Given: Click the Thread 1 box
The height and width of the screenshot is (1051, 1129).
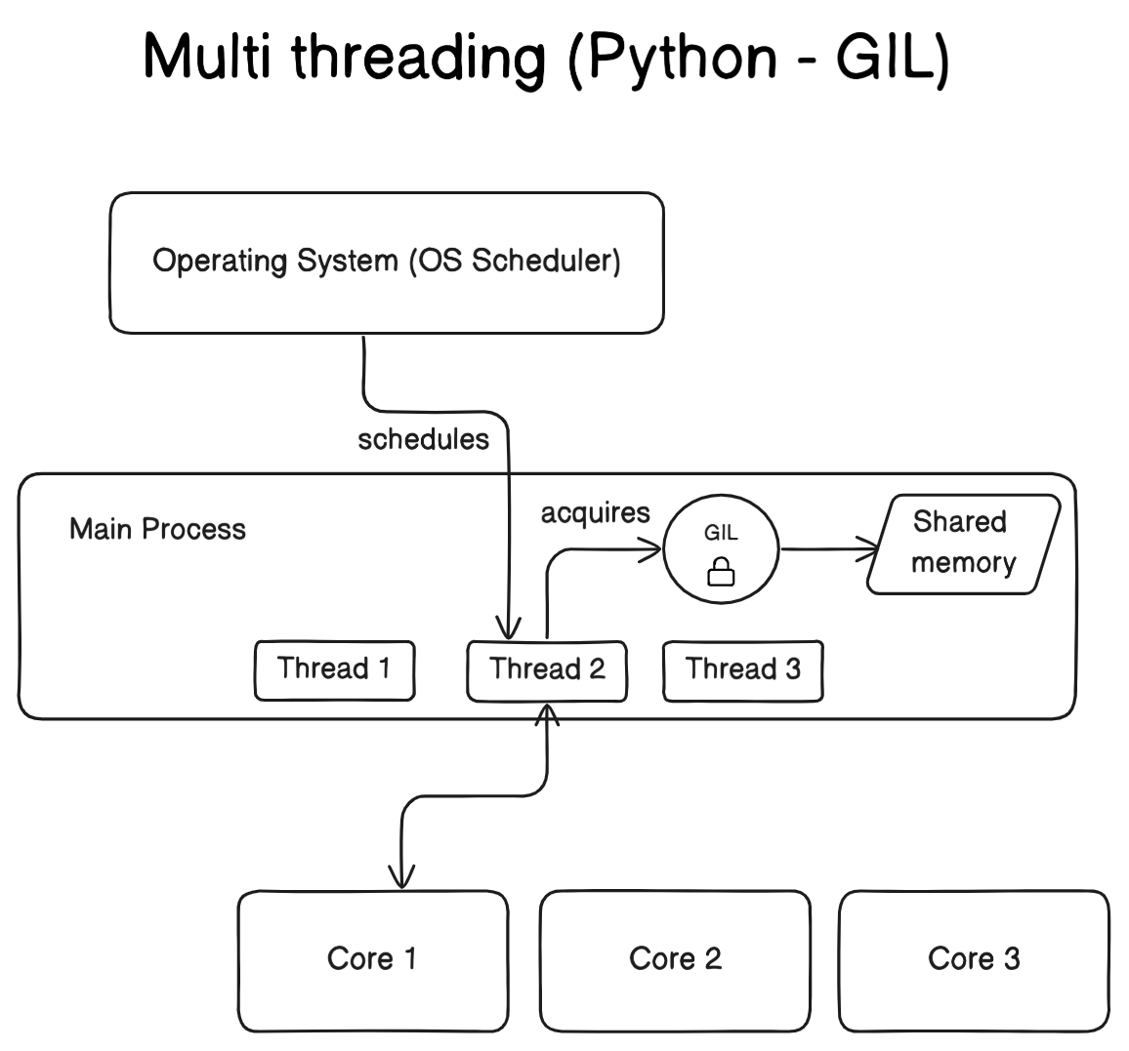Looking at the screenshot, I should (x=334, y=670).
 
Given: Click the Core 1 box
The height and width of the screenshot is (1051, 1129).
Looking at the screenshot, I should (x=372, y=960).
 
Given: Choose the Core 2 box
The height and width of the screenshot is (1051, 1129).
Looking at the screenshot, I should (x=675, y=960).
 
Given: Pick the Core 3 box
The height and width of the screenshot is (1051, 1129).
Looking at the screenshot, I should (x=974, y=960).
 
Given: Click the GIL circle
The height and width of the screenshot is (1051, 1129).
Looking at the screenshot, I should (x=721, y=551).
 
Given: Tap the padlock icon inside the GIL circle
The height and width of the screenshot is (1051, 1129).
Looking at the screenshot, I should (x=721, y=572).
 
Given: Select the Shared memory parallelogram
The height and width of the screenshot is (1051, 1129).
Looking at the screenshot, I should (x=963, y=544).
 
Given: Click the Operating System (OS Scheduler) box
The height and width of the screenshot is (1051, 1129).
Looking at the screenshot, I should (x=387, y=263).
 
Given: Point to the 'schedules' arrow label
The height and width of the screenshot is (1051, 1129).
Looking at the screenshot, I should (x=423, y=440).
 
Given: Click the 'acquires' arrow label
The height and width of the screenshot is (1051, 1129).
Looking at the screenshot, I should (x=596, y=513).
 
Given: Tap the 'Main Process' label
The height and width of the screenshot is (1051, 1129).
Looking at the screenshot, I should (x=157, y=530).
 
